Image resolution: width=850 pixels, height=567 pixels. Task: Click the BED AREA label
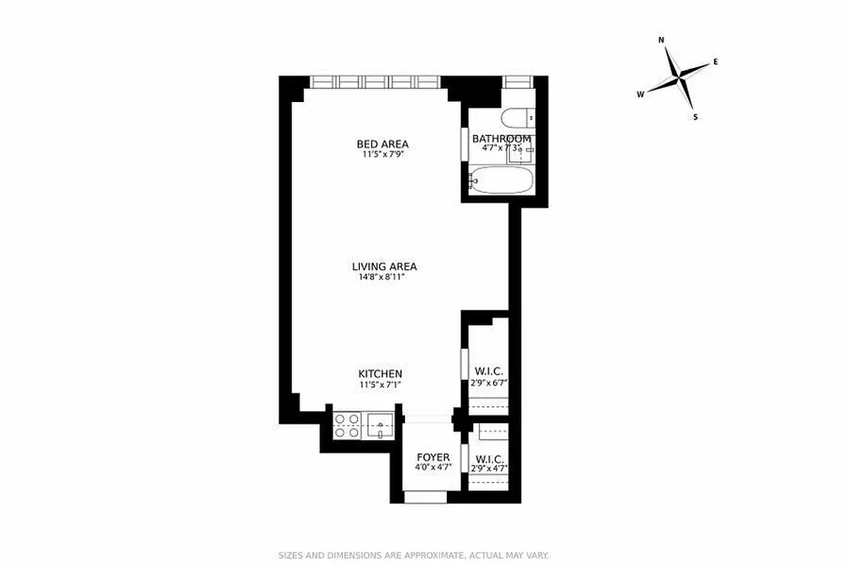[382, 144]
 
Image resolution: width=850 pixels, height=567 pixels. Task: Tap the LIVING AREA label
[384, 266]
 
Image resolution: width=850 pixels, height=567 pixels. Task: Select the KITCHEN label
[380, 374]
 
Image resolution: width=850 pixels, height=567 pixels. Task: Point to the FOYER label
[433, 457]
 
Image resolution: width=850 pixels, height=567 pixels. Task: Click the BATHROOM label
[501, 138]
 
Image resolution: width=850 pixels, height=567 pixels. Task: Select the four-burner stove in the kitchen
[347, 425]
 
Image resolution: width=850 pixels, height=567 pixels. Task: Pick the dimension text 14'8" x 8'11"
[384, 277]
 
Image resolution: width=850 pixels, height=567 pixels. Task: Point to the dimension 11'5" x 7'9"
[382, 154]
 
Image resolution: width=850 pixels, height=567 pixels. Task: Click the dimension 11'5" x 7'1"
[380, 384]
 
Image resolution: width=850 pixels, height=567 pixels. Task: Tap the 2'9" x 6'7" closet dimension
[489, 382]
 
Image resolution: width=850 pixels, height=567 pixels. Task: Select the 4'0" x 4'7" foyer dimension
[433, 468]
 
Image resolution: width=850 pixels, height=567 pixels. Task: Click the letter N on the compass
[662, 40]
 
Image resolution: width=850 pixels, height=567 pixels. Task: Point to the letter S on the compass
[696, 117]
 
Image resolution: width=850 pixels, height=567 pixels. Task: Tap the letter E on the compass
[715, 62]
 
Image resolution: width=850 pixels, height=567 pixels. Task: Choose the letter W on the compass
[640, 94]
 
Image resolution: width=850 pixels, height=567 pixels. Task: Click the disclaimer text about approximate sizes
[413, 556]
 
